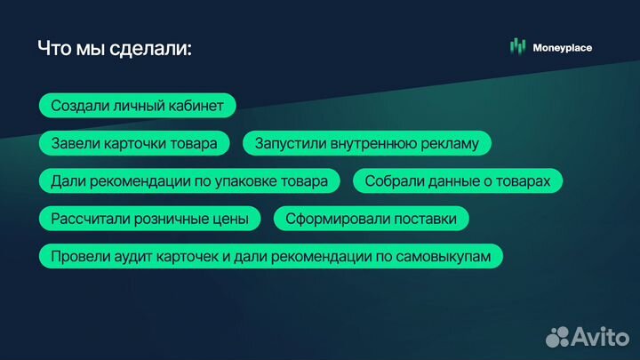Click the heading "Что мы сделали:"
tap(114, 48)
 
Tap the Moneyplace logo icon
tap(517, 47)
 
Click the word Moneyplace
tap(562, 47)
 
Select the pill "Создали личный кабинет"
tap(137, 105)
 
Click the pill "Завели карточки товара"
tap(133, 143)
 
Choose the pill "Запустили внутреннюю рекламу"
tap(366, 143)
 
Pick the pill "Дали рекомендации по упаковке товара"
tap(188, 181)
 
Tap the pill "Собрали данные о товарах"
tap(458, 181)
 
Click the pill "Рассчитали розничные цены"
tap(149, 219)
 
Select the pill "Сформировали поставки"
tap(371, 219)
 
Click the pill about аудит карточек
tap(270, 256)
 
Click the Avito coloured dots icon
tap(557, 336)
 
